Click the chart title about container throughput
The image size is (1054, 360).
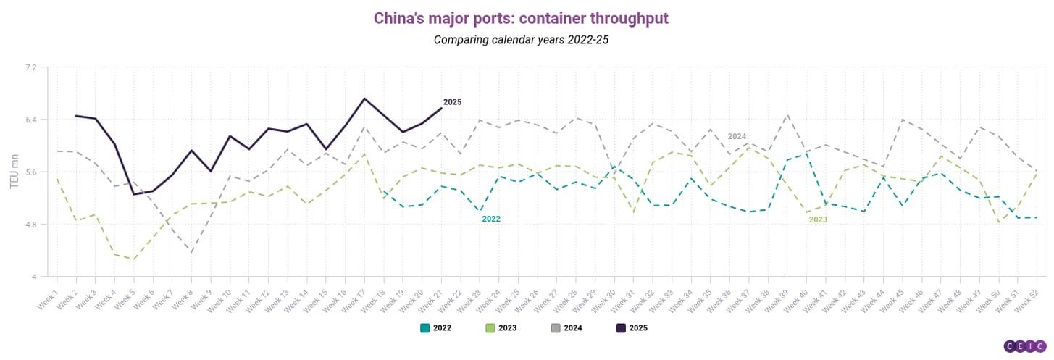521,17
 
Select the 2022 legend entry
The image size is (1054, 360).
436,327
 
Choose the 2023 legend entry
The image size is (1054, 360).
501,327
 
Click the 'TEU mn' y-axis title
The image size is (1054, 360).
14,172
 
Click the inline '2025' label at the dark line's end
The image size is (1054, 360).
452,102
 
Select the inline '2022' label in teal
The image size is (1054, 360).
491,219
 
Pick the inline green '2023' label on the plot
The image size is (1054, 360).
818,219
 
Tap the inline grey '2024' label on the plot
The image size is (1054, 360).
737,136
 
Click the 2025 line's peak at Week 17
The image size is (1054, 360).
364,99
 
